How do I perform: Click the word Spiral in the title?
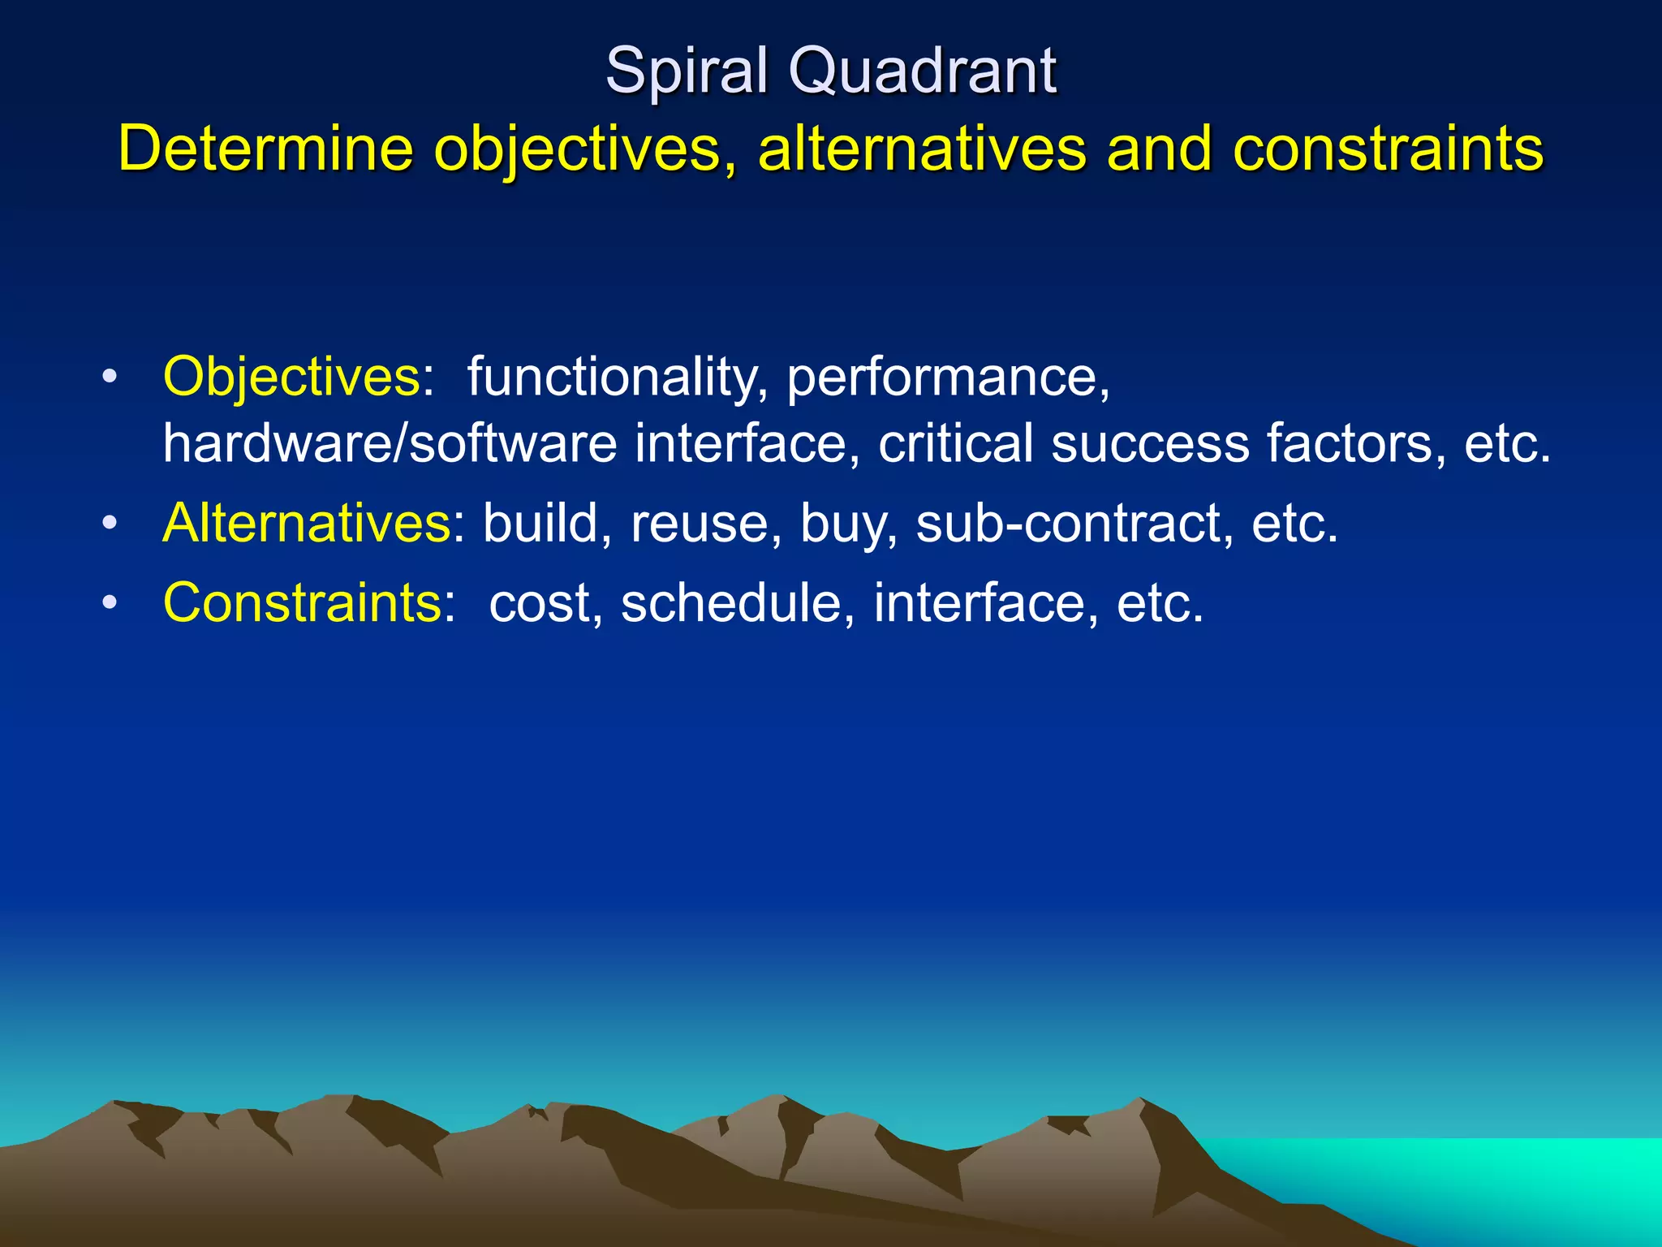click(x=687, y=71)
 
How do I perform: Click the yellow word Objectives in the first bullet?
click(x=291, y=378)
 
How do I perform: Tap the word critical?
click(x=956, y=444)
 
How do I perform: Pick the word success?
click(x=1150, y=444)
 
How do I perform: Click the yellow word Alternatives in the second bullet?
click(x=307, y=523)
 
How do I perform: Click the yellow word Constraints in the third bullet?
click(x=302, y=603)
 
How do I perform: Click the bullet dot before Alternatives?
click(x=110, y=524)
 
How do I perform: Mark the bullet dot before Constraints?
click(x=110, y=603)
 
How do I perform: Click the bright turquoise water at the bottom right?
click(x=1501, y=1177)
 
